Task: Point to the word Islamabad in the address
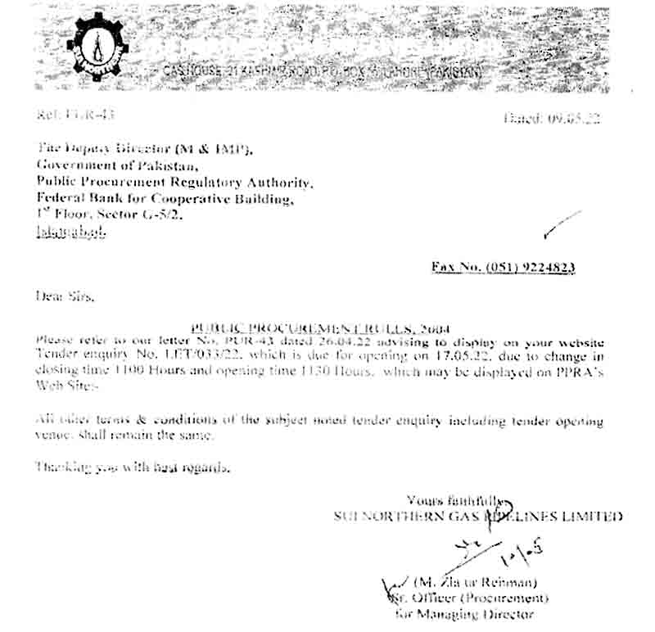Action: tap(70, 232)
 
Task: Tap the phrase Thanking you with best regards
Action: tap(131, 468)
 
